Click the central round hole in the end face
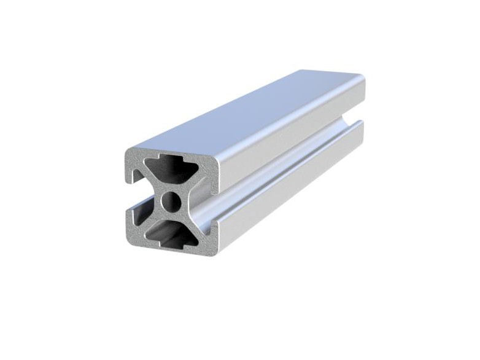171,200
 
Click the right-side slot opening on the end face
212,203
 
